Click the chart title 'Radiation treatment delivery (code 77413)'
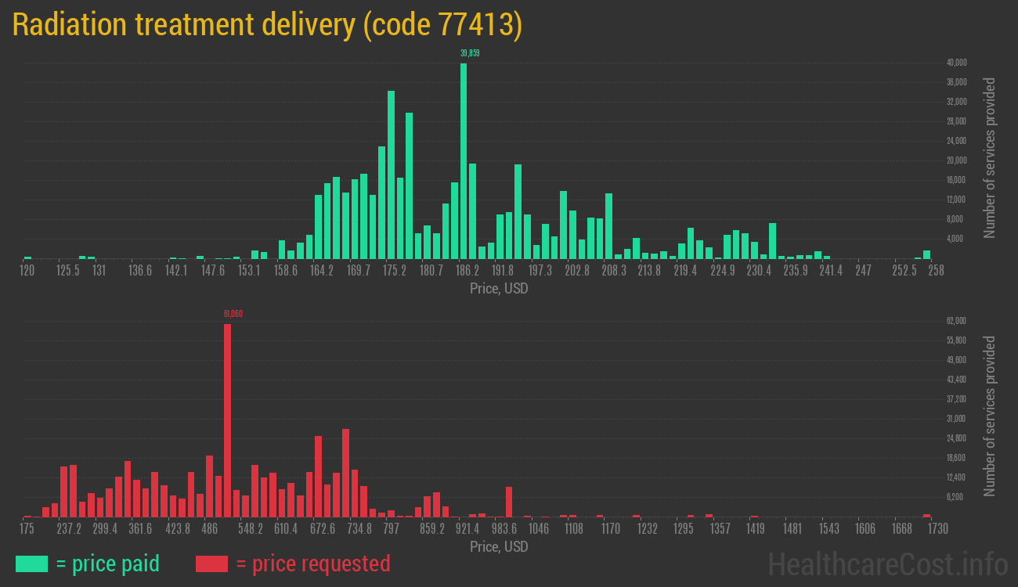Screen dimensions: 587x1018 (267, 25)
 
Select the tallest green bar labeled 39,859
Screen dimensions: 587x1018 (464, 160)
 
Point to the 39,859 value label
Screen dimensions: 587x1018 (470, 53)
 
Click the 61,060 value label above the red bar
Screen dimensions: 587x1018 (233, 314)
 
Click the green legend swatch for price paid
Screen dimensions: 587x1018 (31, 564)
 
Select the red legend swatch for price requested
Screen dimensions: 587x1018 (212, 564)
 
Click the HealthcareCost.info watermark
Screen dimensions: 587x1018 (887, 564)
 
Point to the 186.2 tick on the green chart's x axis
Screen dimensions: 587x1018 (467, 271)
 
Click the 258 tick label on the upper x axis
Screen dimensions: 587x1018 (936, 271)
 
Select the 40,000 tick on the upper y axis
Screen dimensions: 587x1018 (957, 63)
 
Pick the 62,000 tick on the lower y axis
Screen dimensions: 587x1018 (957, 321)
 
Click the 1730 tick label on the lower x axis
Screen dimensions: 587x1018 (937, 529)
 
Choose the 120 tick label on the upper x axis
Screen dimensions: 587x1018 (27, 271)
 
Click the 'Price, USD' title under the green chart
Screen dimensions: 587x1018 (499, 289)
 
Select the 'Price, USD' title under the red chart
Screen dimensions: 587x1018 (499, 546)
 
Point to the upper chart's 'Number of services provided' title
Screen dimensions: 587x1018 (990, 158)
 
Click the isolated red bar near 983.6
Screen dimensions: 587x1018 (509, 502)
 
